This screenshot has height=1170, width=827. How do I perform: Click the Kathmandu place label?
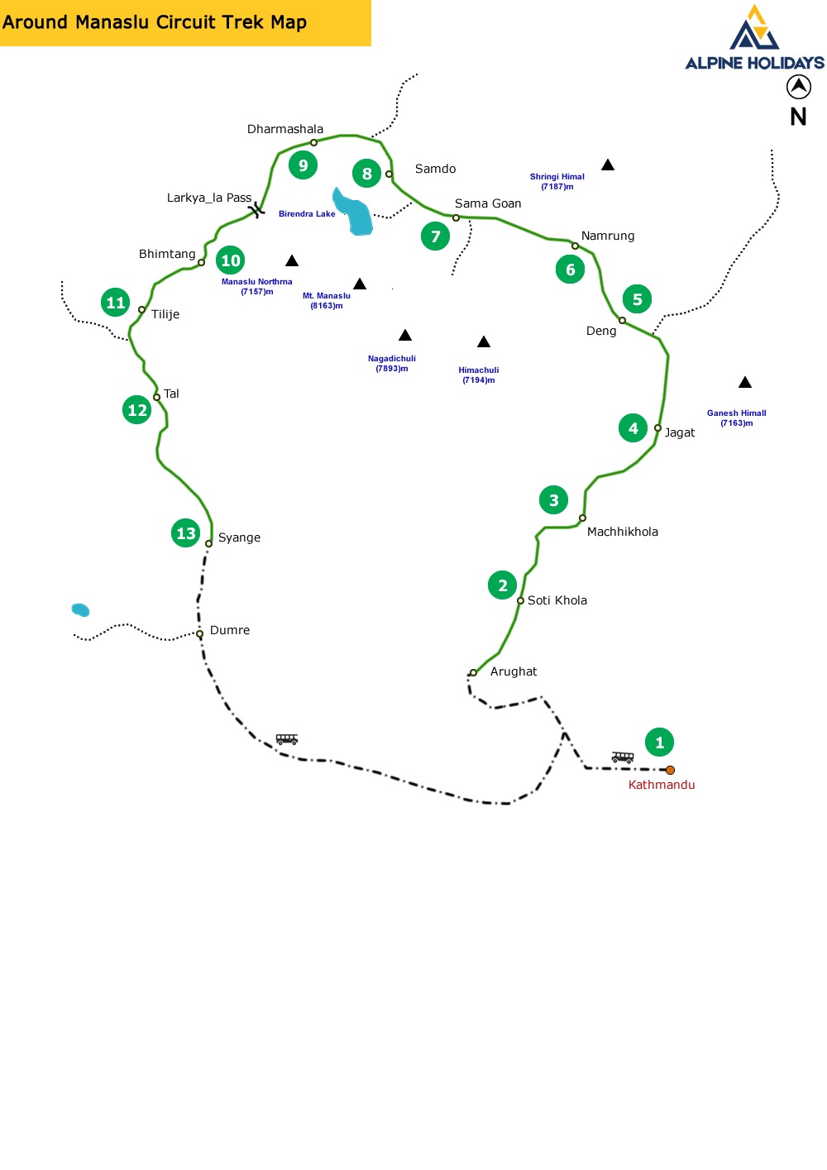tap(661, 785)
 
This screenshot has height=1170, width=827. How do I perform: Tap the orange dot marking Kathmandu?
tap(670, 770)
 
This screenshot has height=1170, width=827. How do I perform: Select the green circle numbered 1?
tap(659, 743)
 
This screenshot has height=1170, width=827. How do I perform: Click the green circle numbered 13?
tap(186, 533)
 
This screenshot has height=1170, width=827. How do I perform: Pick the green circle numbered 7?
tap(436, 236)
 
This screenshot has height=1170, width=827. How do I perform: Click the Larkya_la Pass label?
tap(209, 198)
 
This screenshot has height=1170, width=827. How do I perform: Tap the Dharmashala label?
tap(285, 129)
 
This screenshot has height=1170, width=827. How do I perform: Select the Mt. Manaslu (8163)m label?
tap(327, 300)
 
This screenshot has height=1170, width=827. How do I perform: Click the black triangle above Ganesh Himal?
tap(745, 382)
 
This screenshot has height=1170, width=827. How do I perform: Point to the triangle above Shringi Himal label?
tap(608, 165)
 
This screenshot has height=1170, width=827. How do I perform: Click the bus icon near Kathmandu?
tap(623, 757)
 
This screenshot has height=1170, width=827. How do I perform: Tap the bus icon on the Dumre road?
tap(287, 738)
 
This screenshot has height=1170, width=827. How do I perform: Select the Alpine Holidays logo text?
tap(754, 63)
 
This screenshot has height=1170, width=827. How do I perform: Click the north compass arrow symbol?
tap(798, 86)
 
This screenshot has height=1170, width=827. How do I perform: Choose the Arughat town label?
tap(514, 671)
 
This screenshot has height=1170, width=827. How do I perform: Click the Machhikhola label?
tap(623, 532)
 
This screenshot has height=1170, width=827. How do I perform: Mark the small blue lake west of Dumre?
tap(80, 610)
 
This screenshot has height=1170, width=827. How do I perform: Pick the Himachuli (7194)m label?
tap(479, 375)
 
